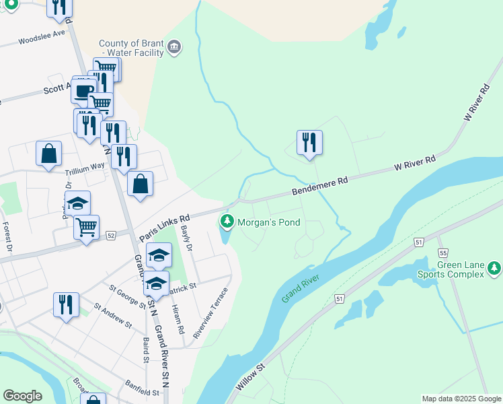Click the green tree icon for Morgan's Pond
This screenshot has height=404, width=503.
tap(227, 221)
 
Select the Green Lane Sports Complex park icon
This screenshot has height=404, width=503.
tap(494, 269)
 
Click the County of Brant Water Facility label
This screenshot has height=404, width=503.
tap(132, 48)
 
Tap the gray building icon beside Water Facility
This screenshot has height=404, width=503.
tap(175, 46)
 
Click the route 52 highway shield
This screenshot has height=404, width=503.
tap(111, 234)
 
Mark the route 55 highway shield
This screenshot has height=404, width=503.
tap(442, 252)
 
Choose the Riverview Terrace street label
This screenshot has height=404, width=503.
tap(210, 312)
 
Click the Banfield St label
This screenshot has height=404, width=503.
tap(141, 388)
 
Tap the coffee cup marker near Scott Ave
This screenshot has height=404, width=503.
tap(84, 91)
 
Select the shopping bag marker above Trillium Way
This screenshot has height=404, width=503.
tap(49, 154)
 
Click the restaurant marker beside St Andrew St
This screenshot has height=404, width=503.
tap(66, 305)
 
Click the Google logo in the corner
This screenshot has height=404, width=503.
tap(22, 395)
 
